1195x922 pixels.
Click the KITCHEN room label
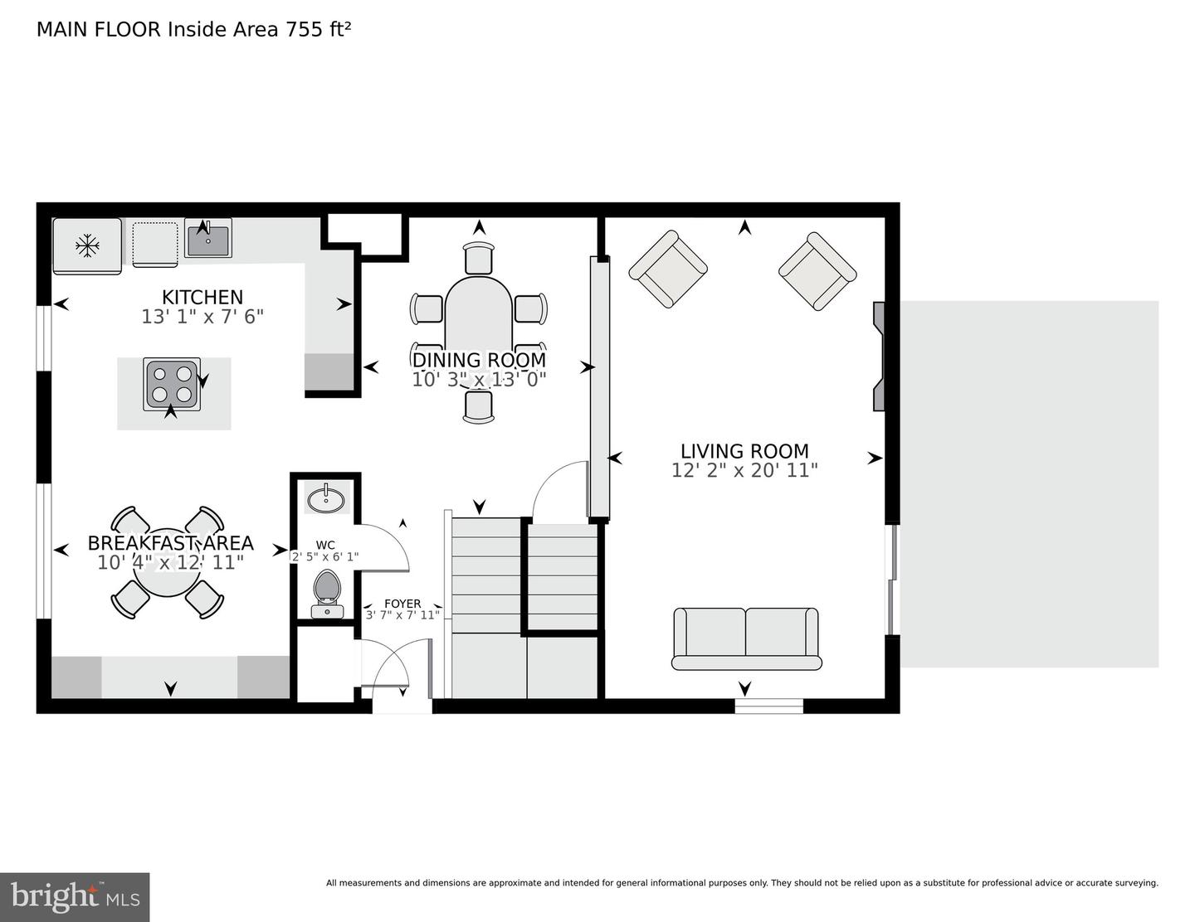tap(202, 297)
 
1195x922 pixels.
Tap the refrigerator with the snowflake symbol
tap(86, 245)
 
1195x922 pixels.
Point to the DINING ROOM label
tap(479, 360)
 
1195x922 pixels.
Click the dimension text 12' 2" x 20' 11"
tap(744, 470)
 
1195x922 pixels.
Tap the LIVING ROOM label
tap(744, 451)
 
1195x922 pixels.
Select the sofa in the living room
tap(746, 638)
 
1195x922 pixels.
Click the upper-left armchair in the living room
tap(667, 269)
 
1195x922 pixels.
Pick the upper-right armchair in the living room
tap(817, 271)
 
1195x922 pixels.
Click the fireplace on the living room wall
tap(878, 357)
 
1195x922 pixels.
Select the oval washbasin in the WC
tap(327, 499)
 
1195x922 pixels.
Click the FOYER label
tap(402, 604)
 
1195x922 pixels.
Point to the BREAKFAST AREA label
tap(170, 544)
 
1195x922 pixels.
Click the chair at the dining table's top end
tap(479, 257)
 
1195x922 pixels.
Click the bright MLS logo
tap(75, 897)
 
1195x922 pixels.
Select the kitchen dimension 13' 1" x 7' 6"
tap(202, 317)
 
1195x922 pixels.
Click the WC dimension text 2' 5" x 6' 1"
tap(325, 557)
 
